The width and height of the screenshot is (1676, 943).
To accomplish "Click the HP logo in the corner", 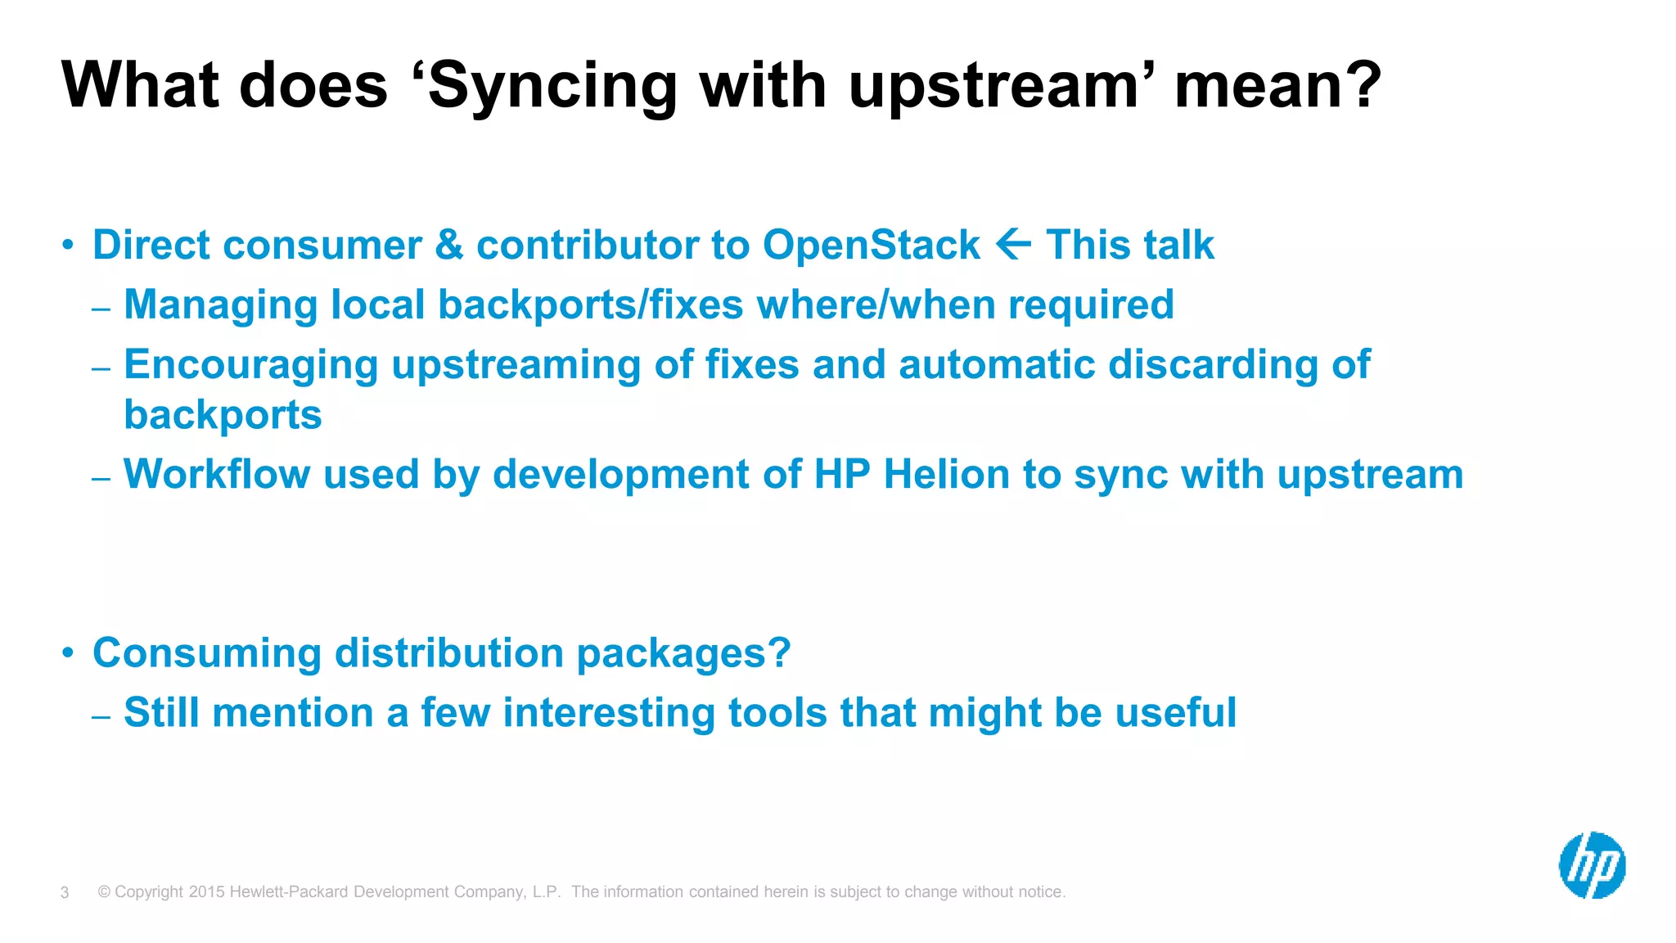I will pos(1592,865).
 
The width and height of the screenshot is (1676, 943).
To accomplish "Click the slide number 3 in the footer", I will pos(65,893).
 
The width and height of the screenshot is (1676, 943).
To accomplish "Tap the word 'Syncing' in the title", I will pos(552,87).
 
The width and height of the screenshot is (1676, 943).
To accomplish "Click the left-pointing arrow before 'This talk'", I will pos(1013,245).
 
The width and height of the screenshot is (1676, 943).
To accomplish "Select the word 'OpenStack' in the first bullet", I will pos(871,246).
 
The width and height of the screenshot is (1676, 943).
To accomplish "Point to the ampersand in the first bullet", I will pos(449,246).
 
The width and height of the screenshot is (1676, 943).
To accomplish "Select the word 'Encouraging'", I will pos(250,366).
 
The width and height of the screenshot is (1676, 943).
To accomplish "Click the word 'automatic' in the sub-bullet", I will pos(996,365).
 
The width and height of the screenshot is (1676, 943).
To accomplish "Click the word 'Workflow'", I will pos(216,475).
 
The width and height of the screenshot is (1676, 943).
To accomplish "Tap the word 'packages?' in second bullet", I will pos(683,654).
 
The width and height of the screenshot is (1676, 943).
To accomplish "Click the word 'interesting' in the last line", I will pos(608,713).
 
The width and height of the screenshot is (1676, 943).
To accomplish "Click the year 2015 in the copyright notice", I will pos(206,892).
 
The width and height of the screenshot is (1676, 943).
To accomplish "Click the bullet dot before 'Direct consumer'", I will pos(69,245).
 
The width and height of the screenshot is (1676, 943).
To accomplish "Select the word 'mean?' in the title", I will pos(1277,87).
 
